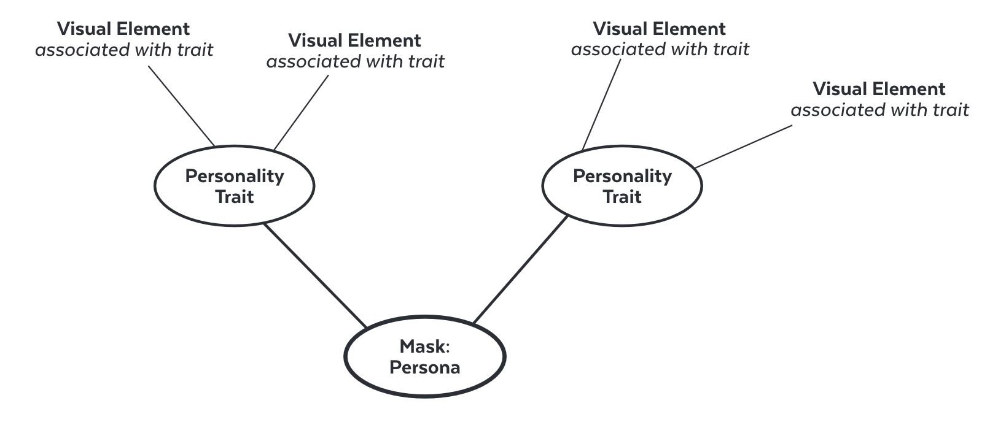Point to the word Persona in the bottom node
pyautogui.click(x=425, y=367)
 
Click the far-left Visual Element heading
pyautogui.click(x=123, y=29)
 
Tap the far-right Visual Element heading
pyautogui.click(x=879, y=89)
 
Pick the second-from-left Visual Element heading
pyautogui.click(x=354, y=40)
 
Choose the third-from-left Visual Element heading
pyautogui.click(x=659, y=29)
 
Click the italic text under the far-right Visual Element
pyautogui.click(x=879, y=110)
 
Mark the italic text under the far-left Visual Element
pyautogui.click(x=123, y=50)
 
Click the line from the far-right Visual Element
pyautogui.click(x=743, y=147)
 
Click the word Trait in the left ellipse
pyautogui.click(x=234, y=197)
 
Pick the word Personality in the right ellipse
pyautogui.click(x=622, y=176)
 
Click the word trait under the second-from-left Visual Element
pyautogui.click(x=427, y=61)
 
